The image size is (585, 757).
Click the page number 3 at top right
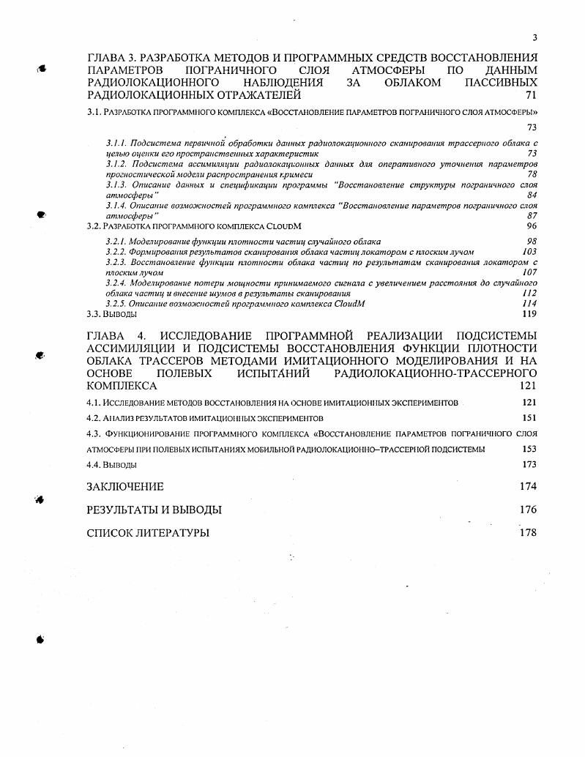pos(534,38)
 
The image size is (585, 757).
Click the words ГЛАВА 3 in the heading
pos(111,57)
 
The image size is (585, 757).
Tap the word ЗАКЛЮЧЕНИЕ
pos(125,487)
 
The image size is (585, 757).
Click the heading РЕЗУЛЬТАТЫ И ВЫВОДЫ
pos(154,510)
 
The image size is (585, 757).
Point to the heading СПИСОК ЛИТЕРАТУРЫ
pos(148,533)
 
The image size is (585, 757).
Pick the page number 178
pos(528,532)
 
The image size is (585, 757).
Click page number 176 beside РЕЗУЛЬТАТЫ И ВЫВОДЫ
pos(528,510)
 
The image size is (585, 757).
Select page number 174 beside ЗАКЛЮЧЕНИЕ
pos(528,486)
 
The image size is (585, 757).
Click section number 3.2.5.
pos(116,303)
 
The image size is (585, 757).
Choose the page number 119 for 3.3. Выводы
pos(529,314)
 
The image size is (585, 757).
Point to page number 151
pos(529,418)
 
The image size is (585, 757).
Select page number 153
pos(529,449)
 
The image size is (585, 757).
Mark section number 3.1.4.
pos(116,207)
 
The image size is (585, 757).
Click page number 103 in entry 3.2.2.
pos(529,251)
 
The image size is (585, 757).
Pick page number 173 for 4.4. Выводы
pos(529,465)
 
